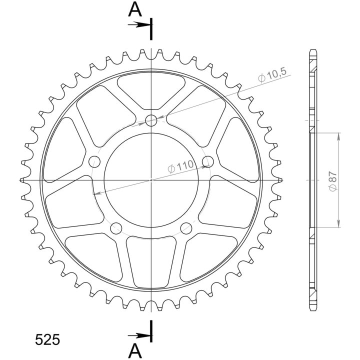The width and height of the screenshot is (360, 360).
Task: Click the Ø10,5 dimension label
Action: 272,75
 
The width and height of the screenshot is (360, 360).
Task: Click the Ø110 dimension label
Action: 181,166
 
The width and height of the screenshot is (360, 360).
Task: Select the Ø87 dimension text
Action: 333,181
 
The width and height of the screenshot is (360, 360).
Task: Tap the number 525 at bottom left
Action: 47,339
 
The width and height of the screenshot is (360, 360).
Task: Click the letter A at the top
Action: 135,10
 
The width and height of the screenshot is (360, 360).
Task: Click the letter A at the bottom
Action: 135,351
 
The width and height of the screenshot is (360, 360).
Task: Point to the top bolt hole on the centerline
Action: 151,120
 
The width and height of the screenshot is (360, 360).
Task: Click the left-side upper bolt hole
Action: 94,161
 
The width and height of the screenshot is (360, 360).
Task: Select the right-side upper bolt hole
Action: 208,161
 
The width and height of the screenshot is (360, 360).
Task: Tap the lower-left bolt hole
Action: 116,228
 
